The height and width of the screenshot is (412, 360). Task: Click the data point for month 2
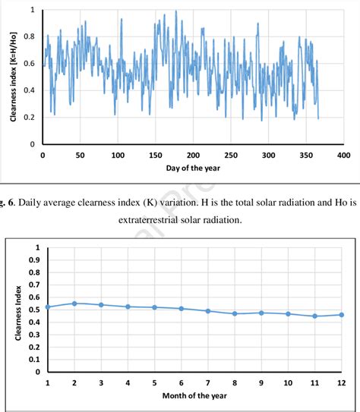[74, 303]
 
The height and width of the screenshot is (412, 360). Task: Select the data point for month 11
[314, 316]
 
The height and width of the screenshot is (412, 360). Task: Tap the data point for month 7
[207, 311]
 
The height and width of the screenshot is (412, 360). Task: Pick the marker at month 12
[341, 315]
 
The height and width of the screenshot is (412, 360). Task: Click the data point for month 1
[47, 307]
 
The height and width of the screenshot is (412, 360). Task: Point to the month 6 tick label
[181, 383]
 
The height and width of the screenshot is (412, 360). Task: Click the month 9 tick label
[261, 383]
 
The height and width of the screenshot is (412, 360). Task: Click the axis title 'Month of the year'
[194, 396]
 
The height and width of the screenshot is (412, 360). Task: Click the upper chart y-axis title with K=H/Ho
[14, 77]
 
